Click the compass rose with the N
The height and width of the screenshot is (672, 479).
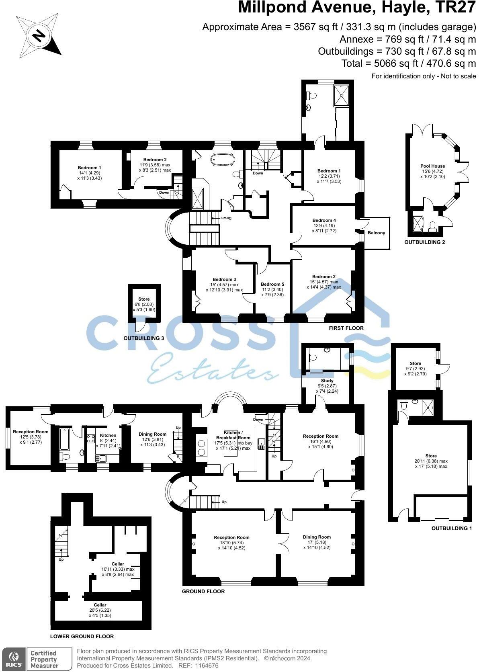(x=39, y=37)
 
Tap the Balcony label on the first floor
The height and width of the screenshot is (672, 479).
(x=376, y=233)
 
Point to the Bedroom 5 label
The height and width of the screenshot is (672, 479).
(x=272, y=284)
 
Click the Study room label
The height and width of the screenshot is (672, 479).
(x=327, y=381)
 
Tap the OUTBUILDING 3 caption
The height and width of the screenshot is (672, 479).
(x=143, y=338)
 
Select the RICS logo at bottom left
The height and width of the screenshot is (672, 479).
(x=14, y=658)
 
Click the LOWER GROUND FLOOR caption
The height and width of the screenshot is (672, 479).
(x=82, y=636)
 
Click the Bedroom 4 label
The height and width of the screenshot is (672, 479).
(x=324, y=220)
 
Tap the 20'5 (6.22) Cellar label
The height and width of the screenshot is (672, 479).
(x=100, y=605)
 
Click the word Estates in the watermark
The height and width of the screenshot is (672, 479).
(x=213, y=367)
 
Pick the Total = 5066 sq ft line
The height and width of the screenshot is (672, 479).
(x=408, y=64)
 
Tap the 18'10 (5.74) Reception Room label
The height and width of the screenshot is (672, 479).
(x=231, y=537)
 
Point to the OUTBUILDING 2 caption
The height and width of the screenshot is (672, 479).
(x=424, y=242)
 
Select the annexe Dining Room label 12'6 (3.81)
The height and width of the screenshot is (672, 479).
(x=152, y=434)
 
